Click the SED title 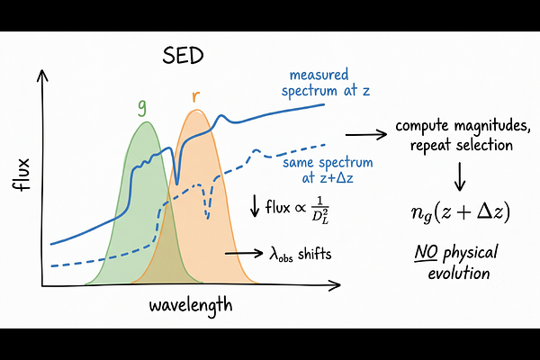tap(184, 55)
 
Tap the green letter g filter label tap(142, 106)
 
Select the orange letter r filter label tap(195, 96)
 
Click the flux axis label tap(22, 175)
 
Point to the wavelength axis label tap(191, 305)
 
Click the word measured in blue tap(319, 75)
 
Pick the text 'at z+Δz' tap(328, 178)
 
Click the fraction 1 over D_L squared tap(320, 210)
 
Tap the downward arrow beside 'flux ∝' tap(255, 206)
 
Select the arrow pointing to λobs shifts tap(244, 254)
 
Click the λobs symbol tap(281, 255)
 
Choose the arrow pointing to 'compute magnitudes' tap(366, 135)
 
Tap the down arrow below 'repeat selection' tap(460, 176)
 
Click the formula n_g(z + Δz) tap(461, 212)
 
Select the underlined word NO tap(426, 253)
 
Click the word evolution tap(459, 274)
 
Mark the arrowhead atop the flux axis tap(42, 75)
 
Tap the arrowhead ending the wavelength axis tap(335, 285)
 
